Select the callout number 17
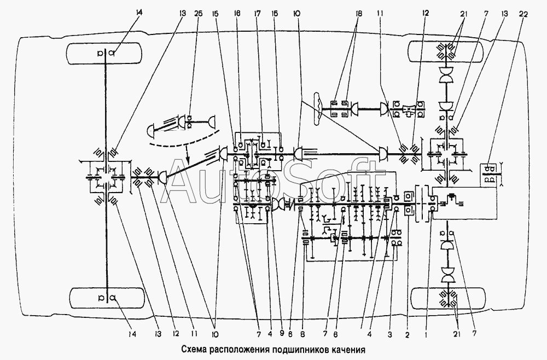258,14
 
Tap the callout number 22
523,14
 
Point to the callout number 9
282,334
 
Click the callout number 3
390,334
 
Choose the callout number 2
407,334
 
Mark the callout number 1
426,334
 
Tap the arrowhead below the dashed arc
188,162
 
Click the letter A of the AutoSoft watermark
179,182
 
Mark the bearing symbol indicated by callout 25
189,121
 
